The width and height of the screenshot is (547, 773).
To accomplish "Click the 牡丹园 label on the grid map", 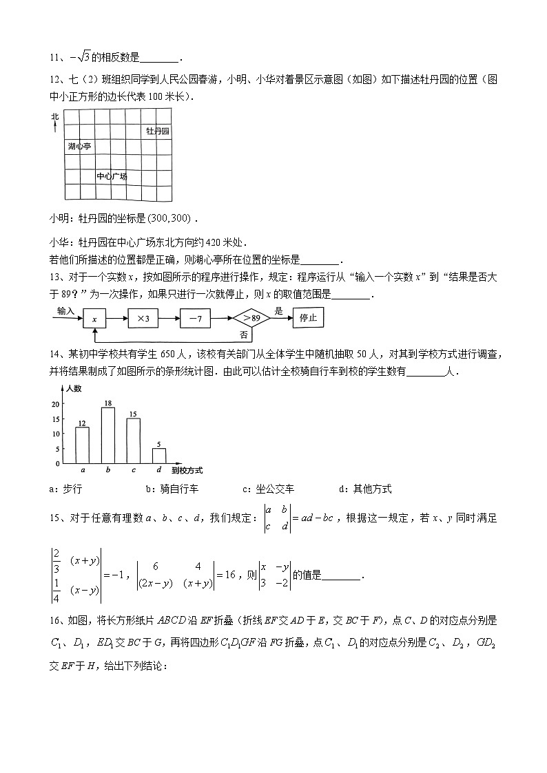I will click(x=157, y=130).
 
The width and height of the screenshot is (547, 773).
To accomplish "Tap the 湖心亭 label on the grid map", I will click(x=80, y=147).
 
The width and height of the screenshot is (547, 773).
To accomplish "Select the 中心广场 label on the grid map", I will click(x=112, y=176).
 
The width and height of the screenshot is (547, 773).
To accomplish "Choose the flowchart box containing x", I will click(x=94, y=319).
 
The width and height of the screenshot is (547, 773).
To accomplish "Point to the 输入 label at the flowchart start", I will click(x=65, y=311).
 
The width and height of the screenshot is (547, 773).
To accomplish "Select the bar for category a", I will click(x=82, y=445).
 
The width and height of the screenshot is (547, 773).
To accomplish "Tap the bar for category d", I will click(x=159, y=455).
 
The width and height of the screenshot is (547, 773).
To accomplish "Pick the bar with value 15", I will click(x=134, y=440).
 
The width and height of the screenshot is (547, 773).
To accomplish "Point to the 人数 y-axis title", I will click(x=74, y=389).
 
